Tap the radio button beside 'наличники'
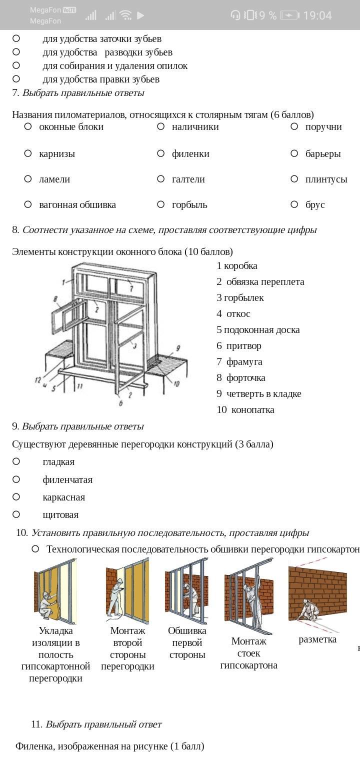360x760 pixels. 160,127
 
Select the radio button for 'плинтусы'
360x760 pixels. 294,179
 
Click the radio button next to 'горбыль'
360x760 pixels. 160,204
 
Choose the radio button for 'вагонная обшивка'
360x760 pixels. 28,204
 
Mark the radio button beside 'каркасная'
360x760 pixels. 16,497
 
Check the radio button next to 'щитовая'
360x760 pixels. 16,514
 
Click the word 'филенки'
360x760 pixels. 190,153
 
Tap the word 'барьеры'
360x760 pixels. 323,153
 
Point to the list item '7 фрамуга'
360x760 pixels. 239,361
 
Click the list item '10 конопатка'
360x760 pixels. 245,409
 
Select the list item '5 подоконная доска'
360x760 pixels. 258,329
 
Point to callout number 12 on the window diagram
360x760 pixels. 38,380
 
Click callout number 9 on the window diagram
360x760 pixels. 178,348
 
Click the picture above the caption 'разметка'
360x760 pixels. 317,594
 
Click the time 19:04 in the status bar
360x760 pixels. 317,15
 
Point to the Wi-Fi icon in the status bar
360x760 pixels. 125,15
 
